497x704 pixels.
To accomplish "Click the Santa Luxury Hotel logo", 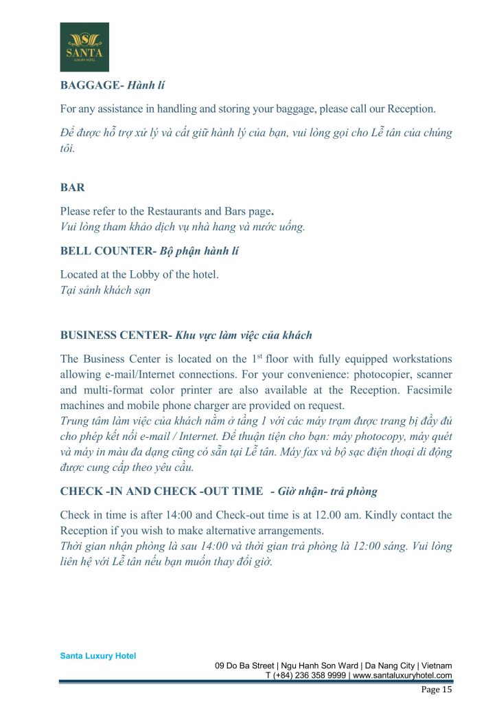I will click(84, 47).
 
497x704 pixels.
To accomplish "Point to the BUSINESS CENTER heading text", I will click(113, 335).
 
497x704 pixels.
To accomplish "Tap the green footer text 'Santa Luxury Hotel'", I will click(98, 656).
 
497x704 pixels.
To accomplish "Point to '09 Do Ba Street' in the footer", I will click(245, 665).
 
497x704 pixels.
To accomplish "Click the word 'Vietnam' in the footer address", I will click(434, 665).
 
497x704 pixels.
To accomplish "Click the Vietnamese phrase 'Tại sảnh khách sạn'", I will click(106, 289).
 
